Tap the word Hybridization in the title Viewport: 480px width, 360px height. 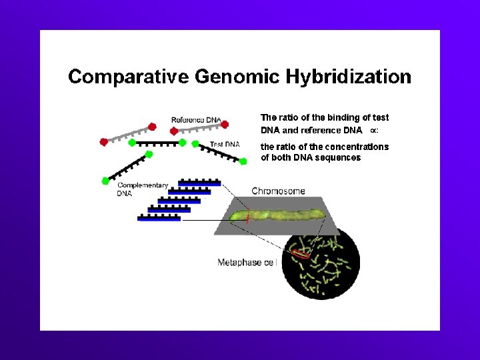pos(349,77)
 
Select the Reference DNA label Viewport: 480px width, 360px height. pos(196,120)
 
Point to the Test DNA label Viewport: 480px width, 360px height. pos(225,144)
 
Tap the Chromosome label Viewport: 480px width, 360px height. pos(278,191)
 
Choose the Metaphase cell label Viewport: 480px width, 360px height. pos(246,263)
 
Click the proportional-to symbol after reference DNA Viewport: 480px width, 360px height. pos(374,131)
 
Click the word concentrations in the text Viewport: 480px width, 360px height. pos(356,147)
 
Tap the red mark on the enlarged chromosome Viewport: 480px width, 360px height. pos(247,217)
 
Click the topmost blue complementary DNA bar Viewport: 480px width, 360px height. pos(200,183)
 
